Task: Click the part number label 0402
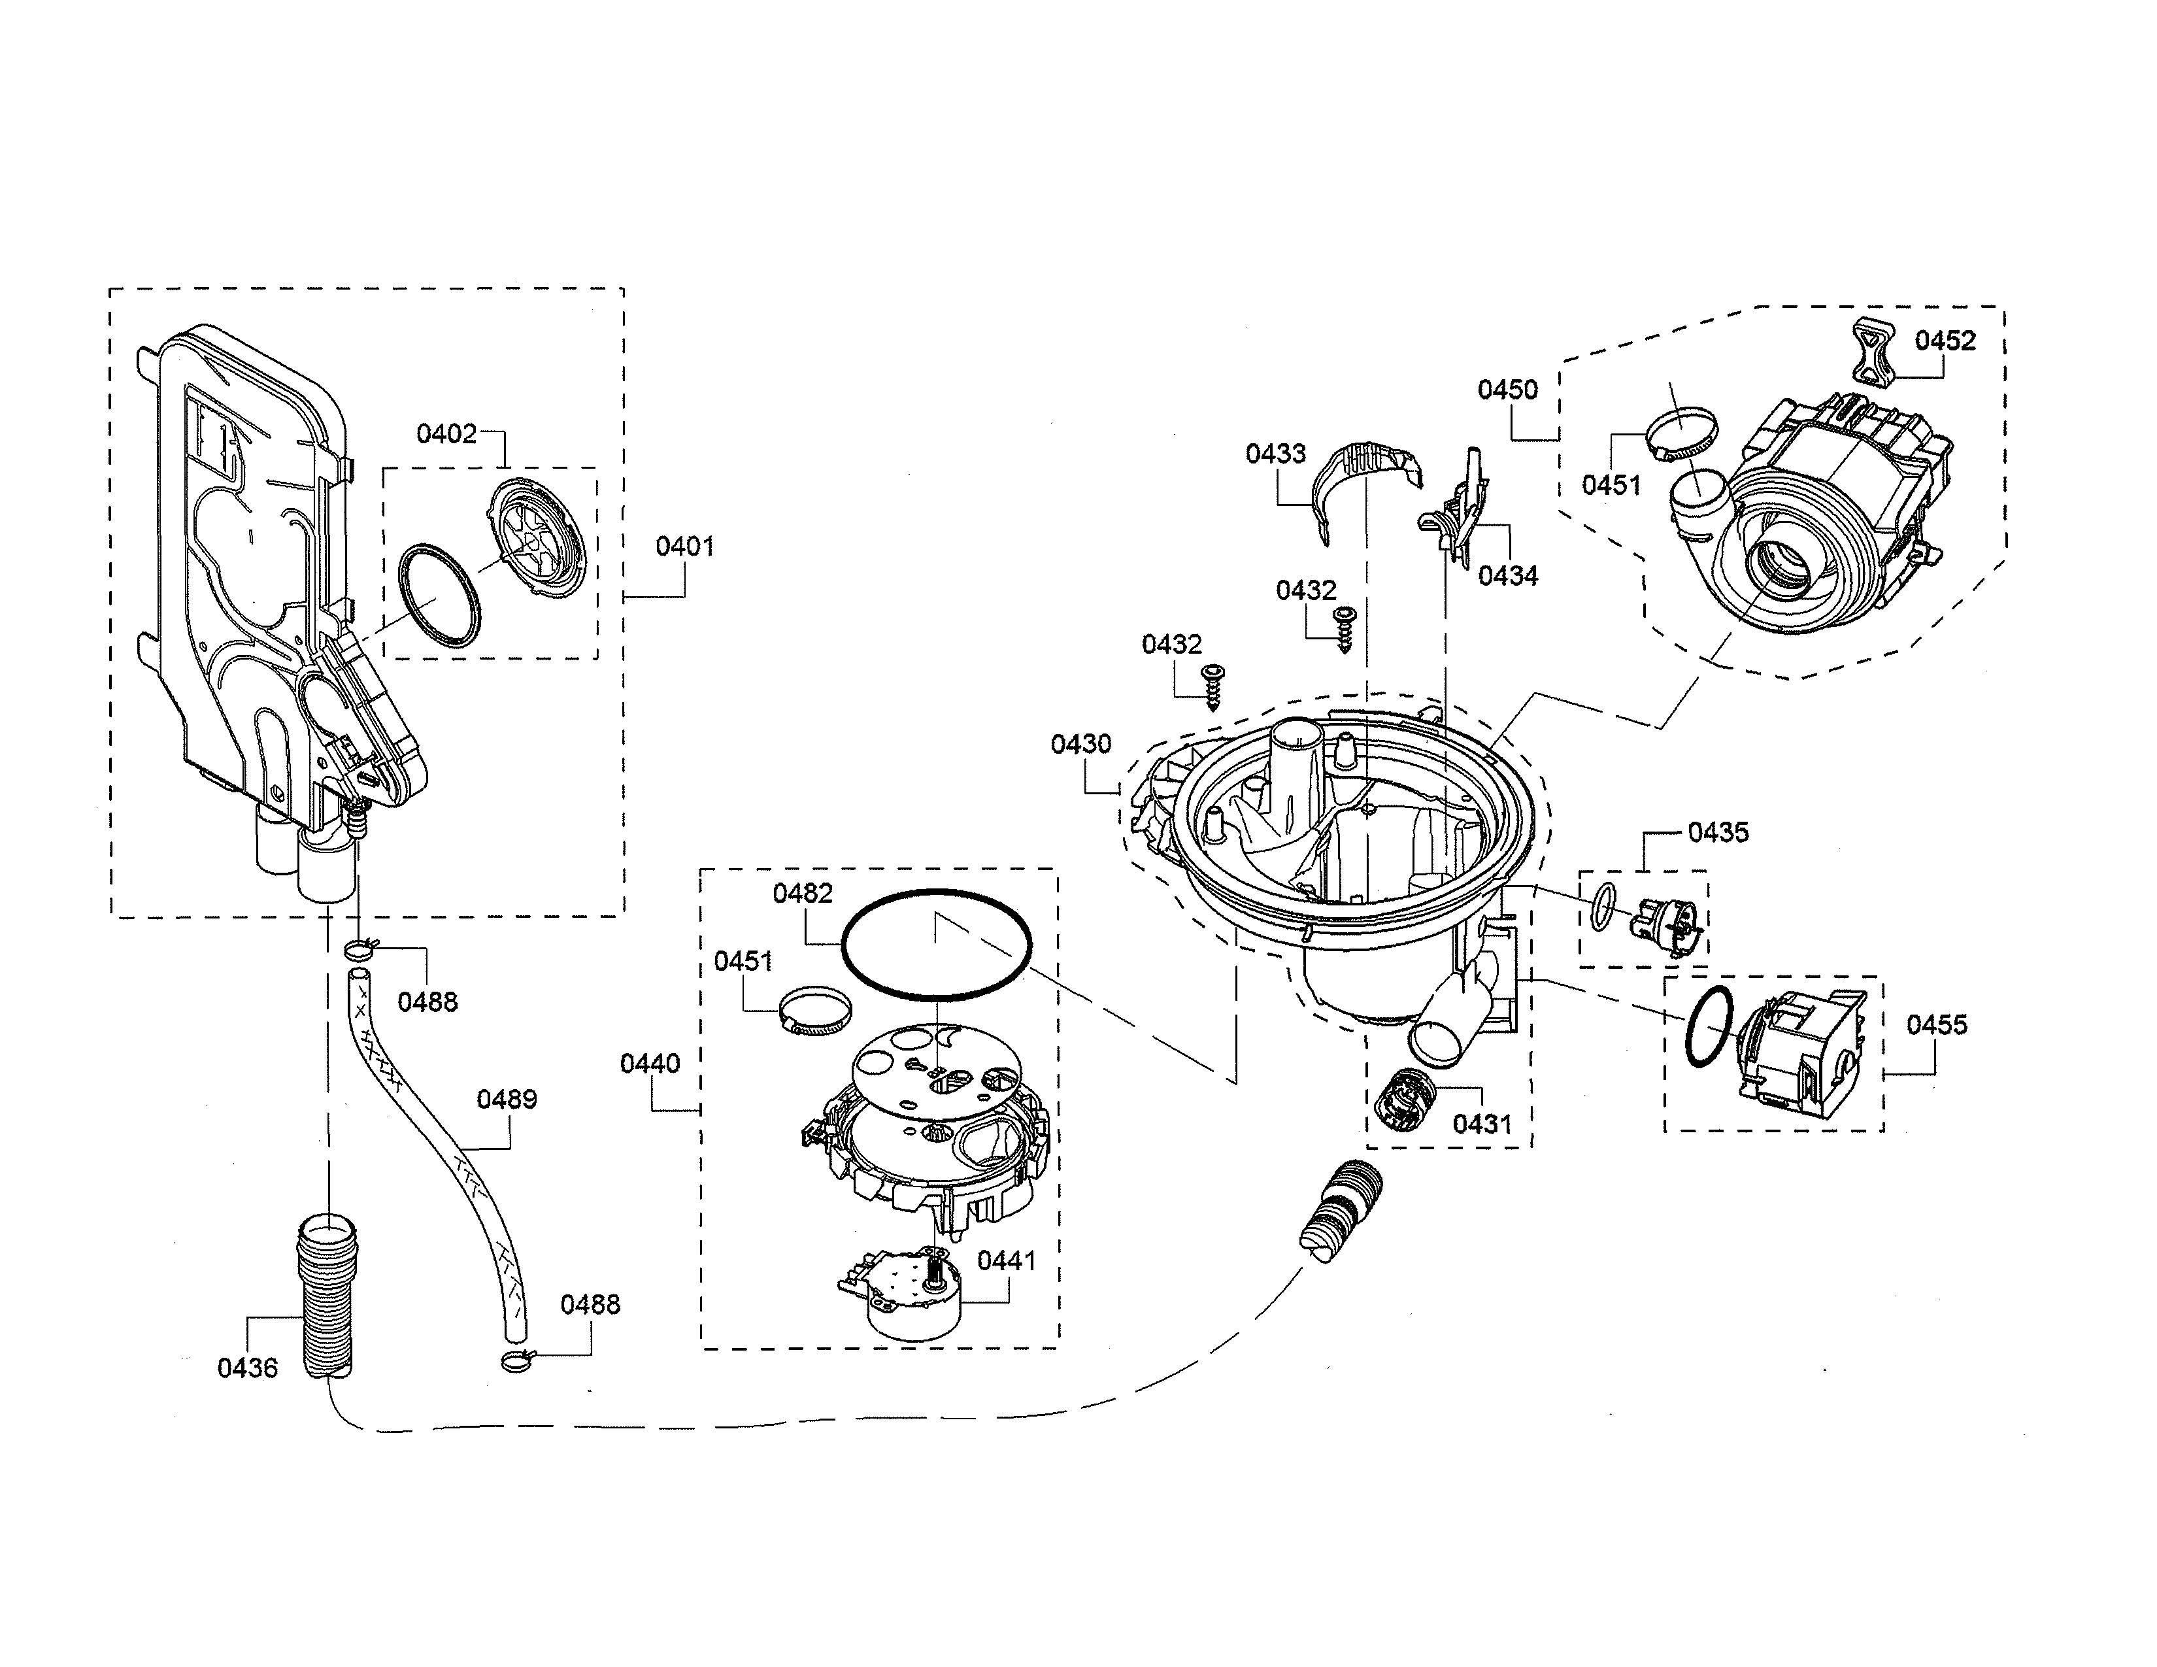pos(446,433)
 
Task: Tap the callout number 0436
pos(247,1368)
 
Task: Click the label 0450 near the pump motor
pos(1507,390)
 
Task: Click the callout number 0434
pos(1507,576)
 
